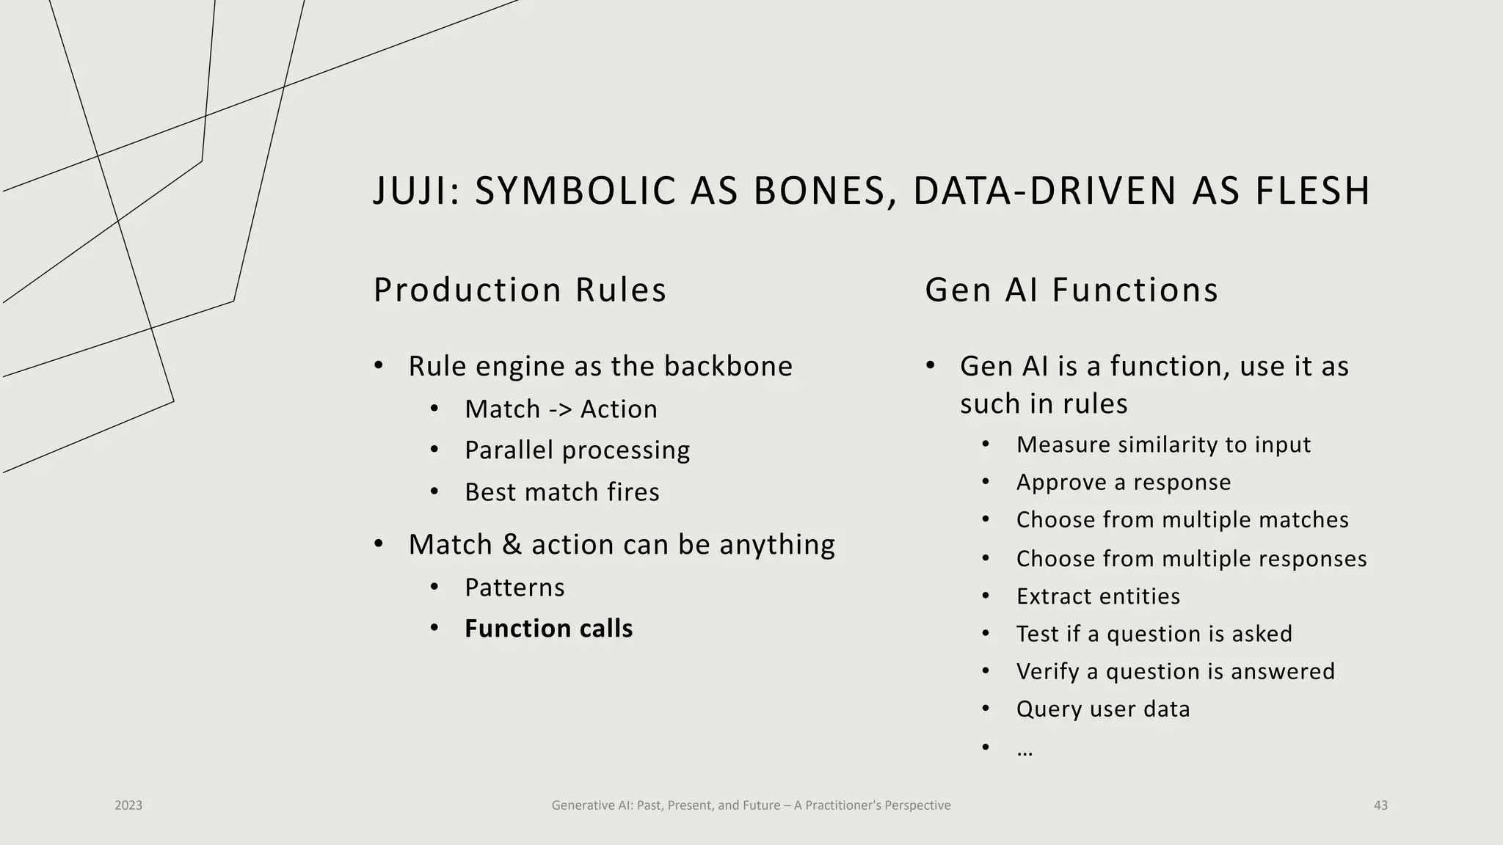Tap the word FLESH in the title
click(x=1312, y=191)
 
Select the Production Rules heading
click(x=520, y=290)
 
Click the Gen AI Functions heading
click(x=1071, y=290)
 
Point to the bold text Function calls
click(x=548, y=629)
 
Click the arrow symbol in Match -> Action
click(x=560, y=409)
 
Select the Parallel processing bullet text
click(x=577, y=450)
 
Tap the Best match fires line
click(x=561, y=492)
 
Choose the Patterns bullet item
click(x=514, y=588)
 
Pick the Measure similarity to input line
click(x=1162, y=445)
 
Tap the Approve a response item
click(x=1123, y=483)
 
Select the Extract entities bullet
click(x=1098, y=596)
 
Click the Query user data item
click(x=1102, y=709)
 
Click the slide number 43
click(x=1380, y=805)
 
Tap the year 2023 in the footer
click(x=128, y=805)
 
